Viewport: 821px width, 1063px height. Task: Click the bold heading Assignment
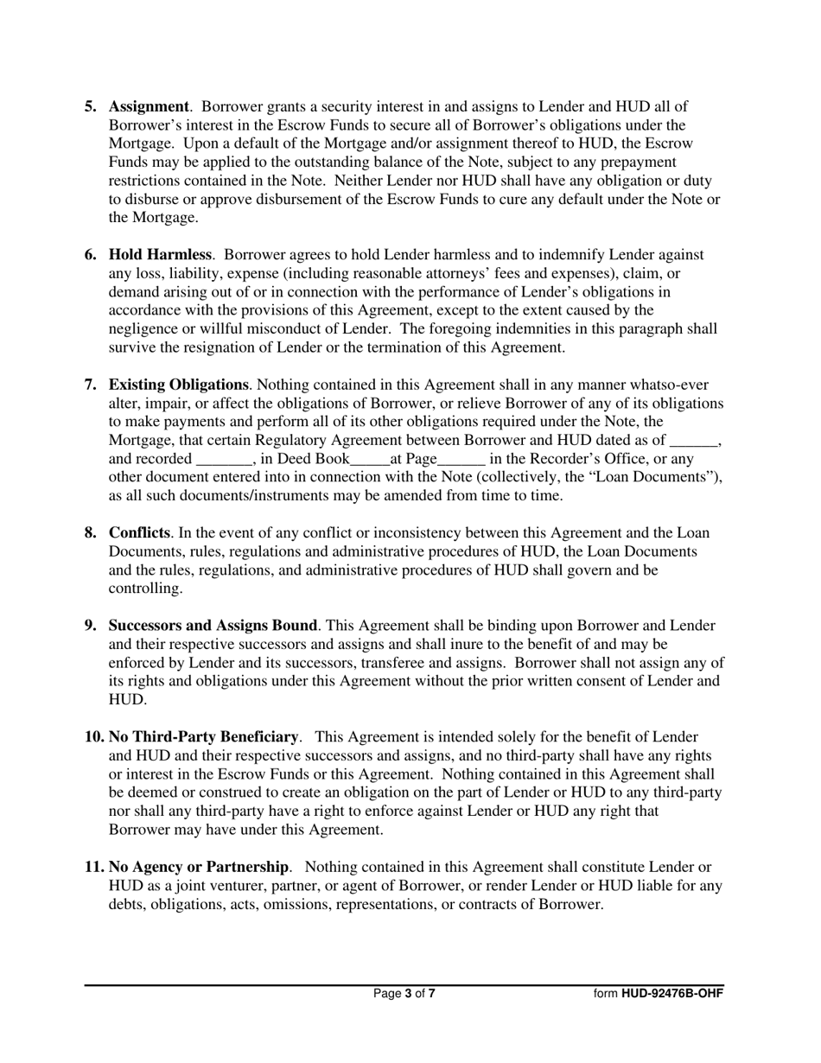click(148, 106)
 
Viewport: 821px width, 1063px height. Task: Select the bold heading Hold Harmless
click(160, 254)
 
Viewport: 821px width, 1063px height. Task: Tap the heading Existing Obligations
click(178, 385)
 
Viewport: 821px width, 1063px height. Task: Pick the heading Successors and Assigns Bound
click(213, 625)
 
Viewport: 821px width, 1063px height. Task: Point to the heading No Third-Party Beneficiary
click(203, 736)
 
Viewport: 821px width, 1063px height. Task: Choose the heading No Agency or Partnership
click(198, 866)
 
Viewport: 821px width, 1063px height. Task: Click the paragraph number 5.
click(91, 106)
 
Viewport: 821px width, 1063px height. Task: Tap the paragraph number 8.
click(91, 532)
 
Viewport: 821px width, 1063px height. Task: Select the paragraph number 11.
click(93, 866)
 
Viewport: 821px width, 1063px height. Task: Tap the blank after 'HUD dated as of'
click(693, 441)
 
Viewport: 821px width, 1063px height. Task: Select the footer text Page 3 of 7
click(404, 994)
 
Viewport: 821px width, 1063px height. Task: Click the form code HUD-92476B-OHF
click(671, 994)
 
